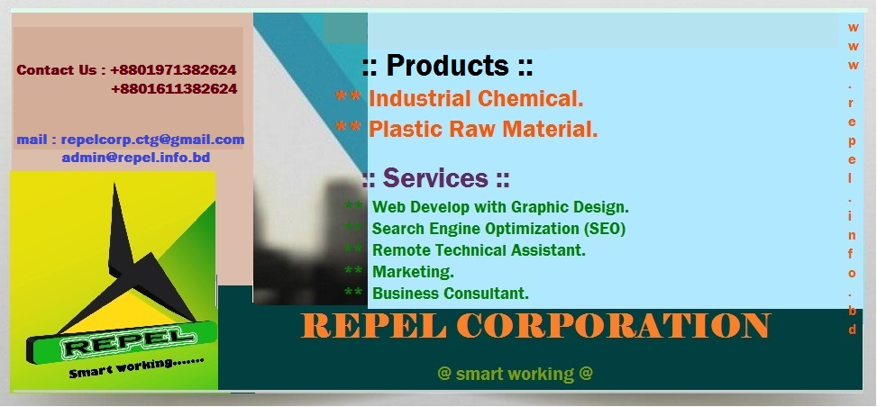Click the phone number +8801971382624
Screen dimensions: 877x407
point(173,70)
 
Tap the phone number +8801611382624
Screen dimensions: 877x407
point(174,88)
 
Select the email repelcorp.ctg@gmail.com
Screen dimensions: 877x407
point(152,140)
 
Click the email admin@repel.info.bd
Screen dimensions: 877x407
point(136,158)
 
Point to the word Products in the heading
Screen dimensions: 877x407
point(447,65)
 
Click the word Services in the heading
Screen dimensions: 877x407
point(435,177)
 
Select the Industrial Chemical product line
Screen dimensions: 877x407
point(476,99)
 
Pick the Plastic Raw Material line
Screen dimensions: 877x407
point(483,129)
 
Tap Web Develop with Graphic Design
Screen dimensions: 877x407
point(500,207)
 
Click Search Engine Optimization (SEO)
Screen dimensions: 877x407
point(499,229)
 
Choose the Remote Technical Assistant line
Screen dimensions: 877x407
point(479,250)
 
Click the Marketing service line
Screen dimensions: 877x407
point(414,272)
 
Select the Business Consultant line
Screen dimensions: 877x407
point(451,293)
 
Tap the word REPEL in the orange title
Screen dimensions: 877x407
point(374,325)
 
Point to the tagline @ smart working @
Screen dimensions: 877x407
point(515,374)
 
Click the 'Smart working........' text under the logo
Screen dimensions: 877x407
point(136,366)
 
